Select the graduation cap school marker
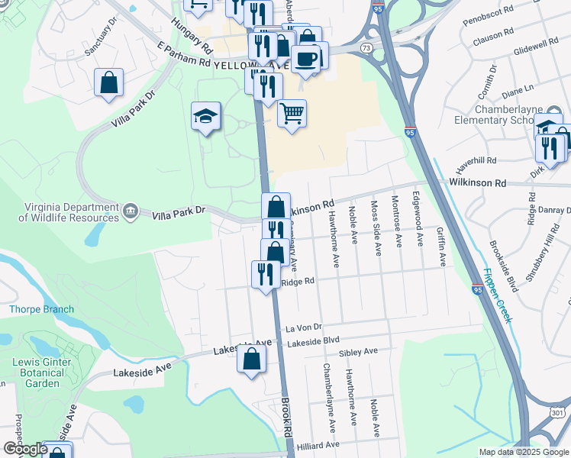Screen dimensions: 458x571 [205, 116]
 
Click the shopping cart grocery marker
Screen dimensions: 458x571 [292, 114]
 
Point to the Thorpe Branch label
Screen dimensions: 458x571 [41, 309]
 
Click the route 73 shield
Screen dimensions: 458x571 [366, 47]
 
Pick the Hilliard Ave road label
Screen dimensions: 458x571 [318, 445]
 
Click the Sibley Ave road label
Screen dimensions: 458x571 [359, 352]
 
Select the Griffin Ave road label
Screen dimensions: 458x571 [442, 246]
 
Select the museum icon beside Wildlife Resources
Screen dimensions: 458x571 [130, 210]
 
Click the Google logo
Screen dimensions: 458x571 [24, 449]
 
